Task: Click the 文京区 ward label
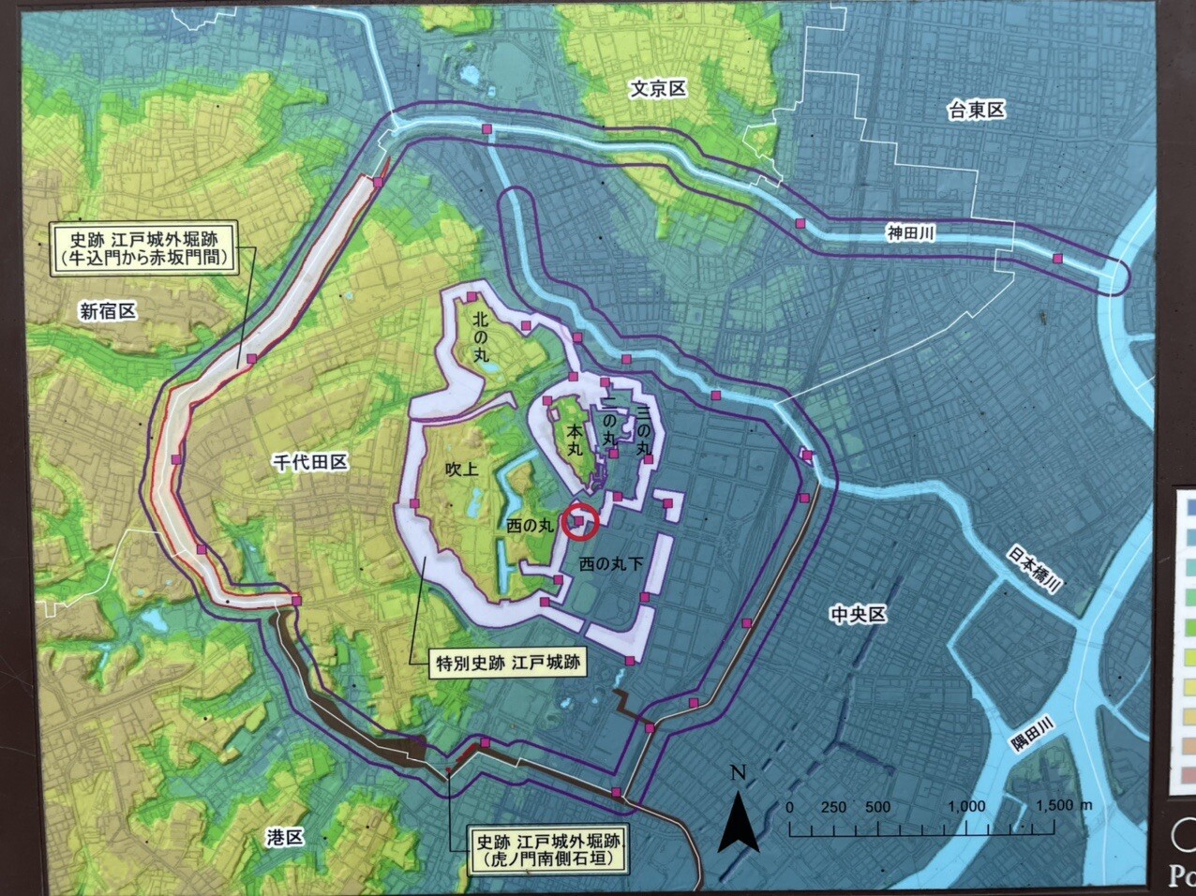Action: (x=658, y=89)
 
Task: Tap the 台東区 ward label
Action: (x=976, y=111)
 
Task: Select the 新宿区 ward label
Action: (x=108, y=311)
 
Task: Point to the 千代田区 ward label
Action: (x=310, y=461)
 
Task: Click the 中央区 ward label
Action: (x=858, y=615)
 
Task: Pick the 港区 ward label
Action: (x=285, y=837)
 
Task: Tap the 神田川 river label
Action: (x=911, y=233)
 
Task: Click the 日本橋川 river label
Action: (x=1035, y=569)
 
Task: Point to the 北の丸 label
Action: (x=482, y=337)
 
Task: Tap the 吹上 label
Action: (x=462, y=469)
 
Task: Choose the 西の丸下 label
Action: (x=610, y=564)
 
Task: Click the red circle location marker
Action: (x=580, y=521)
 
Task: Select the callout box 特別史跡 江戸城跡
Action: (x=507, y=664)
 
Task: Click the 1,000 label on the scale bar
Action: (x=965, y=806)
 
